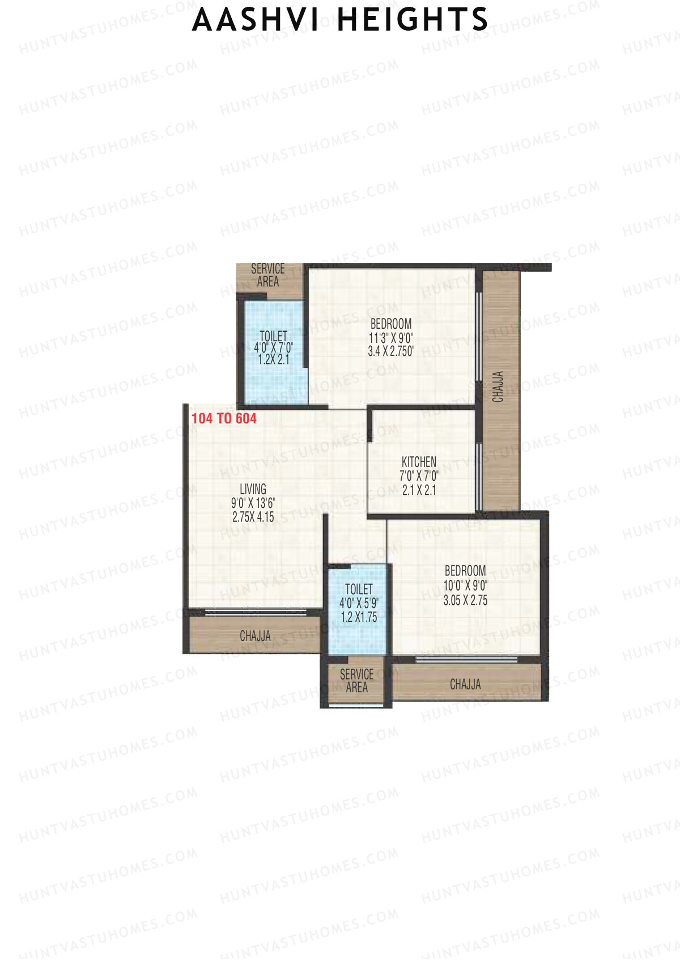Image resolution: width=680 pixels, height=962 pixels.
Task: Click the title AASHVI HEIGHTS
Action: pyautogui.click(x=340, y=20)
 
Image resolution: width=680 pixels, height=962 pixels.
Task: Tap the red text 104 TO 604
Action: pyautogui.click(x=224, y=418)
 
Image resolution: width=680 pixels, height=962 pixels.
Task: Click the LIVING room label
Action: pyautogui.click(x=253, y=489)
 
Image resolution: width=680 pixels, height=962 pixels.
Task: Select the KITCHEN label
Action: pyautogui.click(x=419, y=462)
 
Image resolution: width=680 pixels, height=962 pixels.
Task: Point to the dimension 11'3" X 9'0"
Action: pyautogui.click(x=391, y=338)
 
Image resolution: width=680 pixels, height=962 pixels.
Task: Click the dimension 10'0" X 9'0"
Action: pyautogui.click(x=465, y=586)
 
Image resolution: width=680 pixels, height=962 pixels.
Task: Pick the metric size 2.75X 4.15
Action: pyautogui.click(x=253, y=517)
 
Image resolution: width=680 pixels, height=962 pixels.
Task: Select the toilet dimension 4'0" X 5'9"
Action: pyautogui.click(x=359, y=603)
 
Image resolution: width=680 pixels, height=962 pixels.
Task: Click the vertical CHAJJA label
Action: pyautogui.click(x=498, y=387)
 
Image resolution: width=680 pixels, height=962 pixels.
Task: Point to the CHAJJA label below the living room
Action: pyautogui.click(x=255, y=636)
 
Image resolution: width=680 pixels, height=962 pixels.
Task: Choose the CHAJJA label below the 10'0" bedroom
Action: pyautogui.click(x=465, y=685)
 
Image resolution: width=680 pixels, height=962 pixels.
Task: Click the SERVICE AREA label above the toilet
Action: pyautogui.click(x=268, y=275)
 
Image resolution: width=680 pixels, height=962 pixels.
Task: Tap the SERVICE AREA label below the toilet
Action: pyautogui.click(x=356, y=681)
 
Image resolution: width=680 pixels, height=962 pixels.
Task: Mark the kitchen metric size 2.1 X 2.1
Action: pyautogui.click(x=419, y=490)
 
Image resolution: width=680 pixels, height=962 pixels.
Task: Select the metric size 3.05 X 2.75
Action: pyautogui.click(x=465, y=600)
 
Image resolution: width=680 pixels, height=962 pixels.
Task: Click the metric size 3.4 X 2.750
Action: pyautogui.click(x=391, y=351)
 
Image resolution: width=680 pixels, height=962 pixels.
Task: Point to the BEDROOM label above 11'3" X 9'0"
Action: pyautogui.click(x=391, y=324)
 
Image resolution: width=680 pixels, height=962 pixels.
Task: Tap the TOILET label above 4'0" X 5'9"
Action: pyautogui.click(x=359, y=590)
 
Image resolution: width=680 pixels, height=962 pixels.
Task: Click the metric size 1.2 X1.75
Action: pyautogui.click(x=359, y=617)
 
